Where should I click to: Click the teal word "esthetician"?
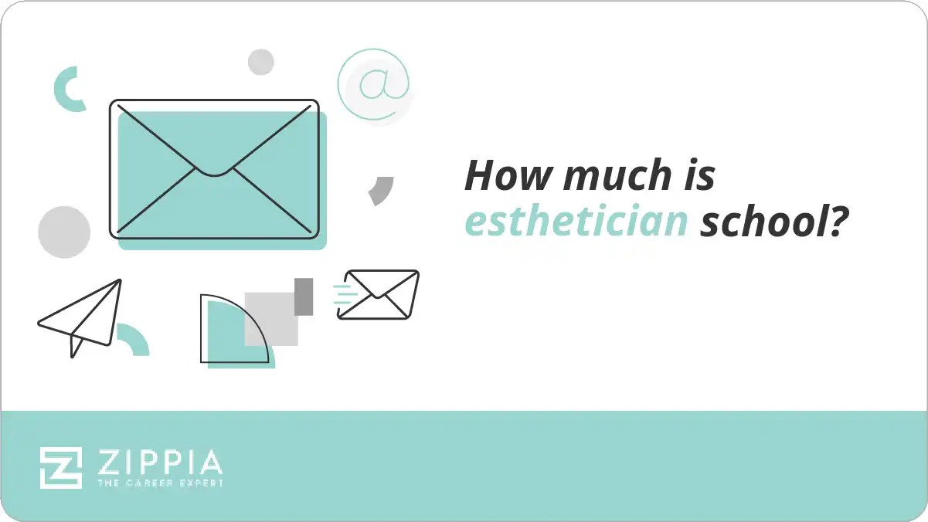coord(576,222)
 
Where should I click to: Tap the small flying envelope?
coord(379,294)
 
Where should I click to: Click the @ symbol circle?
coord(374,85)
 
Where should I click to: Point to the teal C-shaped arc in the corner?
coord(66,88)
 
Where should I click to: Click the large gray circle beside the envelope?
coord(64,232)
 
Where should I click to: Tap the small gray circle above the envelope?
coord(261,62)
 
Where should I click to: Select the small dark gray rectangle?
coord(304,297)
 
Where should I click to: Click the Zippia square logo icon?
coord(61,467)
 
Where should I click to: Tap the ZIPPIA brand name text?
coord(160,463)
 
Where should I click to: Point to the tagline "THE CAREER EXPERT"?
coord(160,483)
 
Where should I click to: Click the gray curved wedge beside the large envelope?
coord(382,190)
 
